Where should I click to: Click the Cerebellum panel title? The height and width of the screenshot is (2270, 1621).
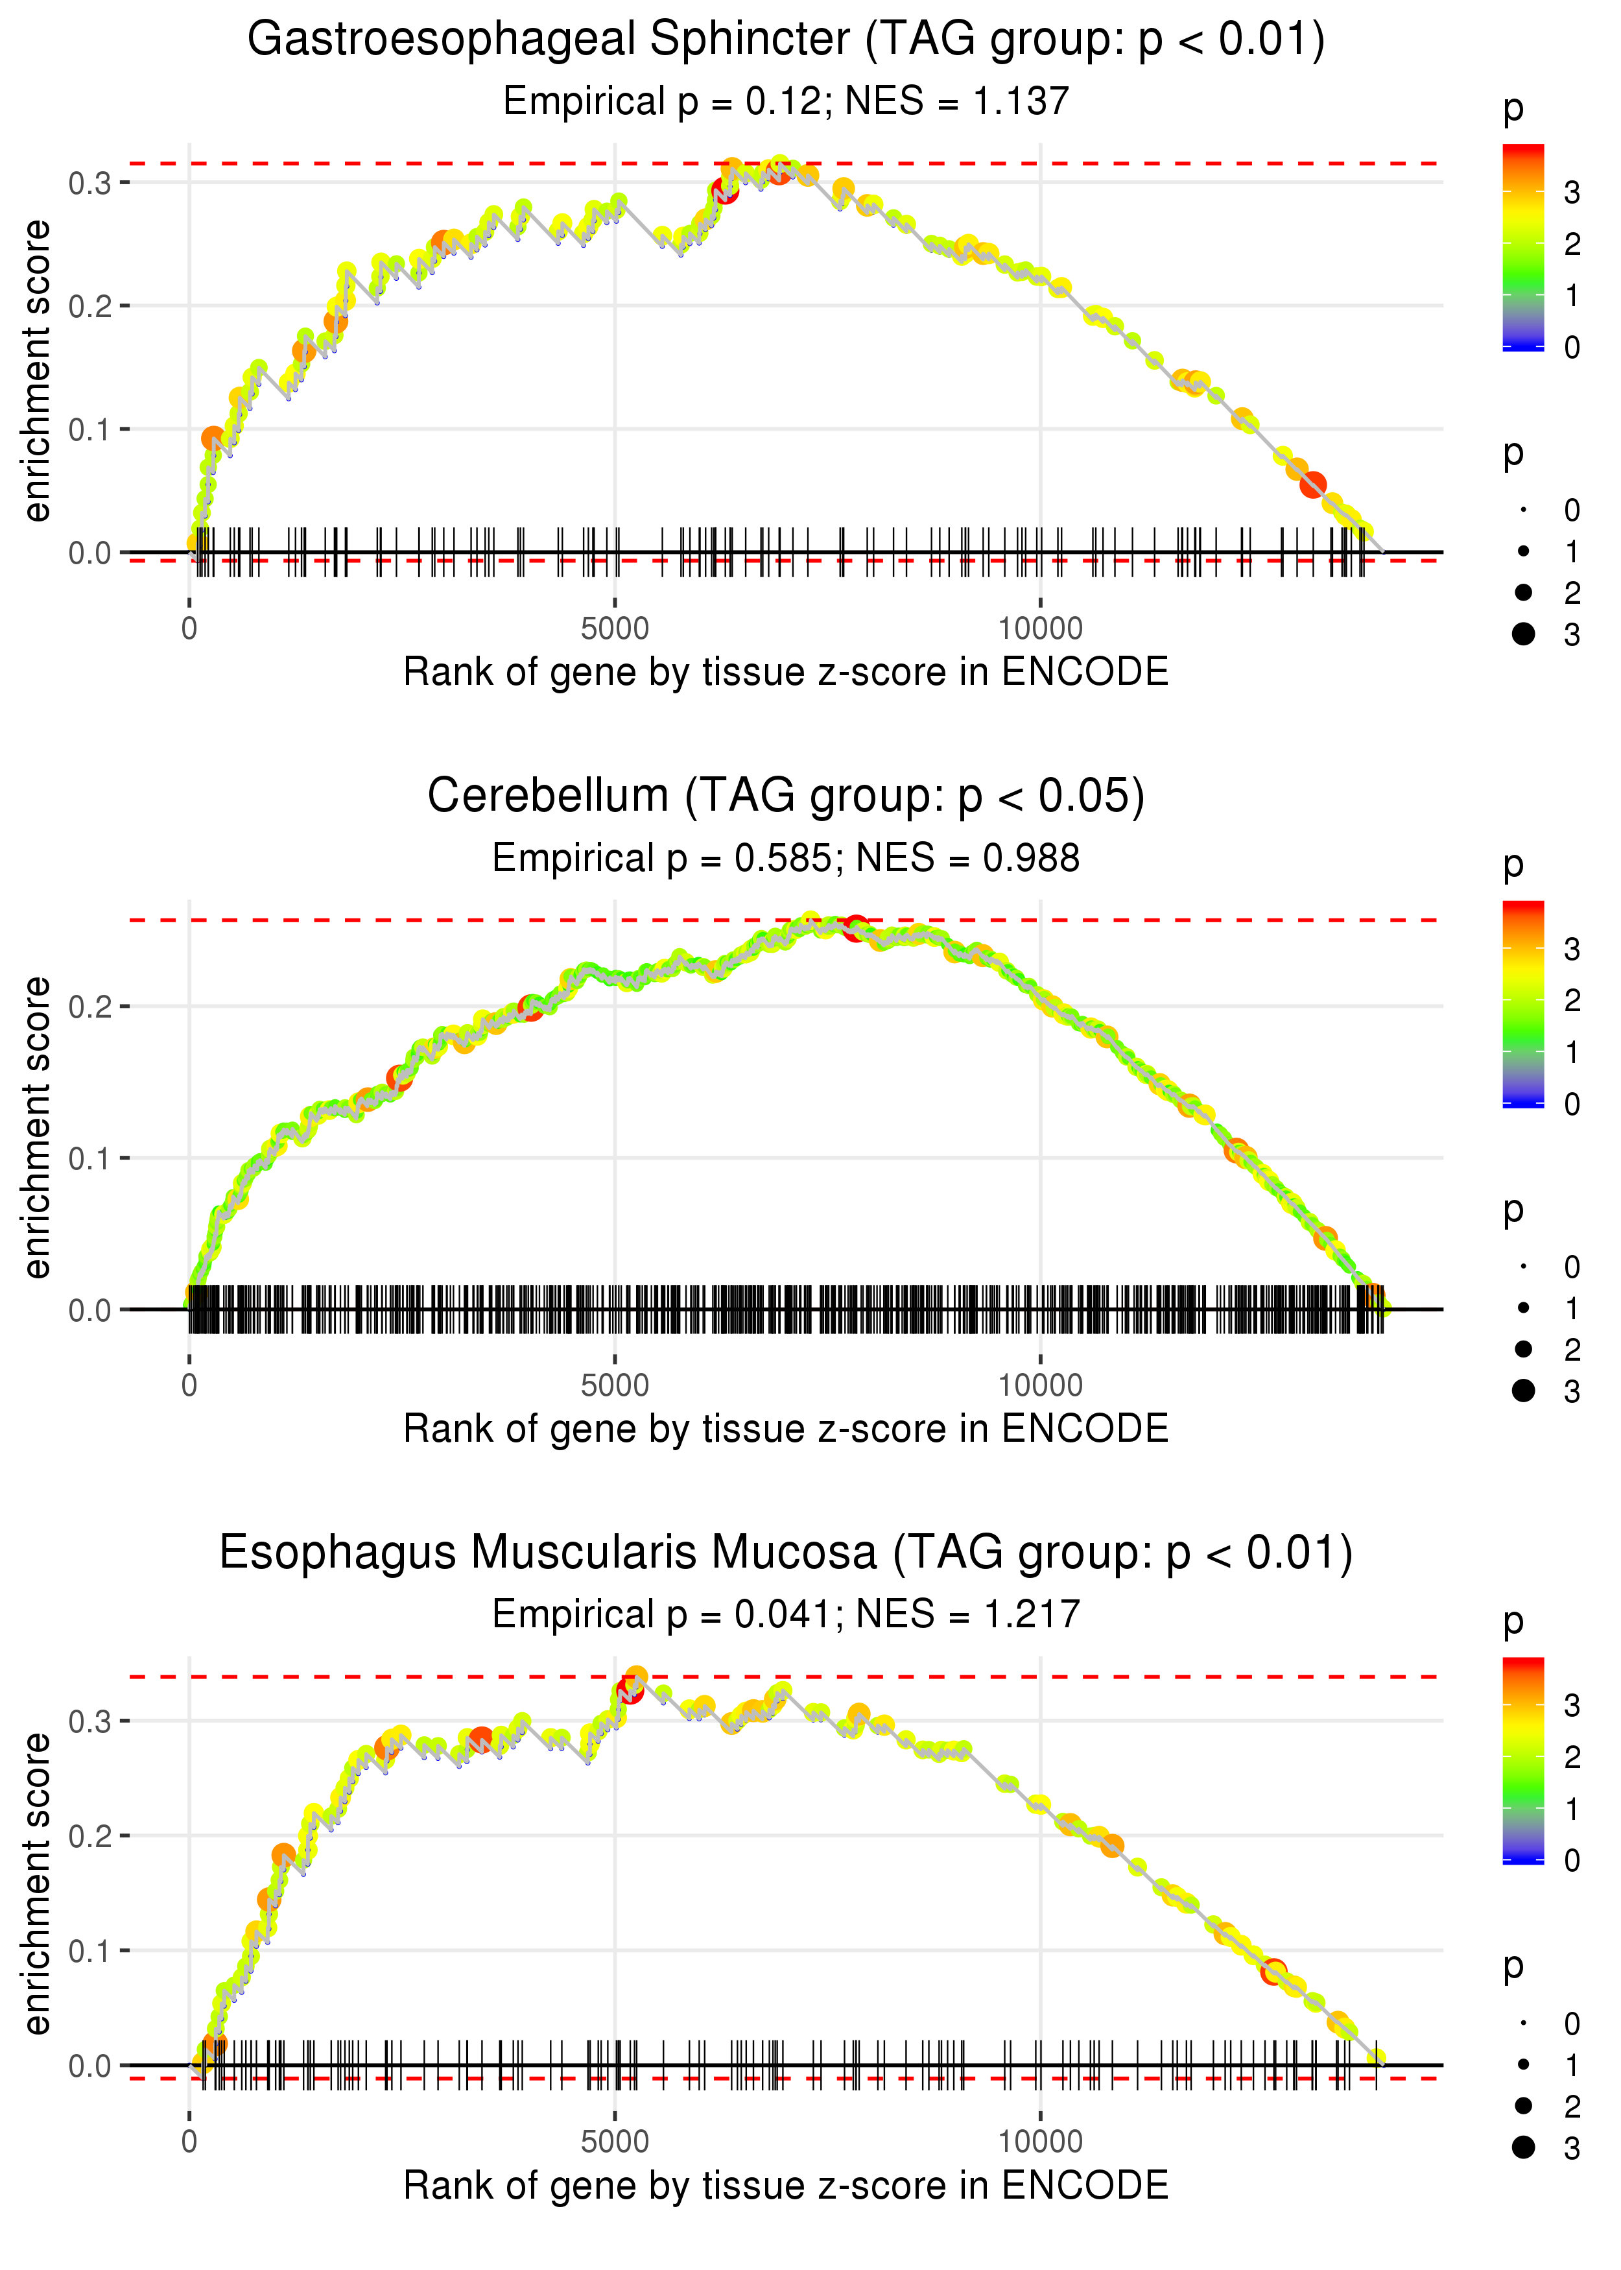pyautogui.click(x=786, y=796)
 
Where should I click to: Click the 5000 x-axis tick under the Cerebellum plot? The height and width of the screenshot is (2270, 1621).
pyautogui.click(x=615, y=1385)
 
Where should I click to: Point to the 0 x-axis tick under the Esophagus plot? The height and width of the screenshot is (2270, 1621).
pyautogui.click(x=189, y=2141)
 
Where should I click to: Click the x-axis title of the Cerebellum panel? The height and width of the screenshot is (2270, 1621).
pyautogui.click(x=786, y=1429)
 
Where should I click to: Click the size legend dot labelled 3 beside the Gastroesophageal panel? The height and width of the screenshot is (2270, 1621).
pyautogui.click(x=1523, y=634)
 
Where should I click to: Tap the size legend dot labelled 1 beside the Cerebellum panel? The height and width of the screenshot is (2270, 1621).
pyautogui.click(x=1523, y=1308)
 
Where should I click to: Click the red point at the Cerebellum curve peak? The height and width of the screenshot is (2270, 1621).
pyautogui.click(x=855, y=927)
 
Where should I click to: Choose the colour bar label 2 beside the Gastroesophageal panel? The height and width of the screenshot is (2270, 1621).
pyautogui.click(x=1572, y=245)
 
